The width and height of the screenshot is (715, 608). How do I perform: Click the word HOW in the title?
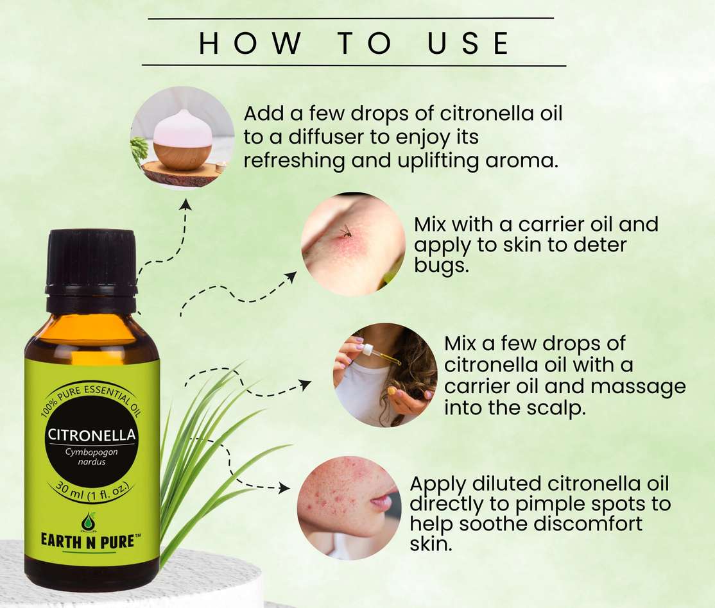250,43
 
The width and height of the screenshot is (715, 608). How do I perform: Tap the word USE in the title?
469,43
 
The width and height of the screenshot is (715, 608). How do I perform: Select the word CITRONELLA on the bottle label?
92,435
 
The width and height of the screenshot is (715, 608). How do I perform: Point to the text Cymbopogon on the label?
91,452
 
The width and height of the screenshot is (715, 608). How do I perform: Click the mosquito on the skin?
345,232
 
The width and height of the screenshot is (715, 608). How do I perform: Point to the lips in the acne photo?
381,500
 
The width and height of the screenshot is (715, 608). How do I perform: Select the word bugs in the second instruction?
442,266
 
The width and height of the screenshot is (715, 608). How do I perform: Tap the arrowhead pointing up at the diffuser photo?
185,205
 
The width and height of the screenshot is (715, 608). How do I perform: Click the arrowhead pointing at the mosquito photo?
291,276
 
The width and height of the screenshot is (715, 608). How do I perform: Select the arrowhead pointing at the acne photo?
284,488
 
